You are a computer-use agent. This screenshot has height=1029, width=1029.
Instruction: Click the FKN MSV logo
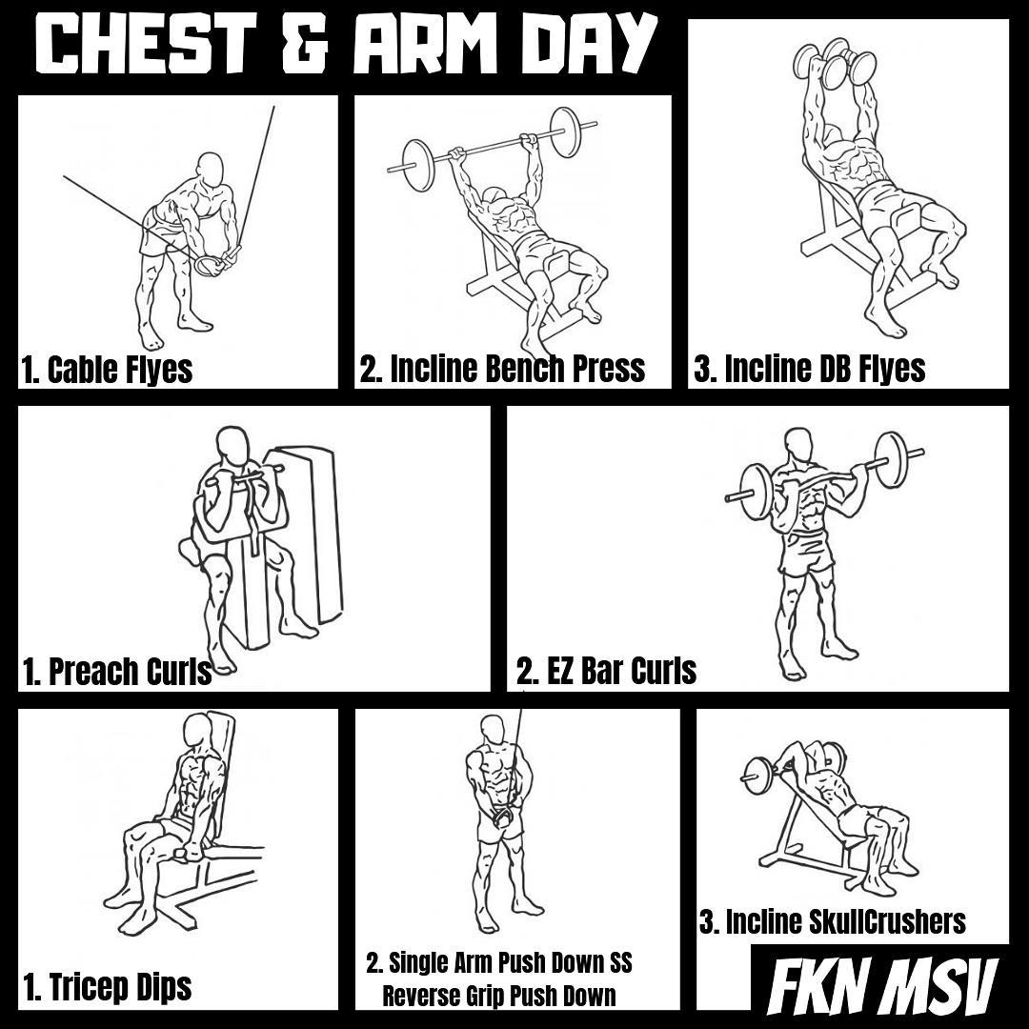882,987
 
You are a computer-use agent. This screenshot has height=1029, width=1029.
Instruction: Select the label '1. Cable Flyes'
107,369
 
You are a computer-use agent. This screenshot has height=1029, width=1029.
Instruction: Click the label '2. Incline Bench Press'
502,369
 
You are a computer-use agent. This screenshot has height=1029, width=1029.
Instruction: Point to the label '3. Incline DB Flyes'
810,369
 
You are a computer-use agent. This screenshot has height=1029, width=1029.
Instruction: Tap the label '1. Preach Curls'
117,672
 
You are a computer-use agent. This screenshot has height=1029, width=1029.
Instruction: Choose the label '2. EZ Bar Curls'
606,672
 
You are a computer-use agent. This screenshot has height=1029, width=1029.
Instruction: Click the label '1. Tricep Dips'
107,987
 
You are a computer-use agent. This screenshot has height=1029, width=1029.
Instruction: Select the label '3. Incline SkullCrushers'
832,922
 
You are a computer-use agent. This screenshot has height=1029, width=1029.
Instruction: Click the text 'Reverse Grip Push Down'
498,996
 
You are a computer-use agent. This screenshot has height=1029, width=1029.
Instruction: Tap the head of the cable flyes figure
211,170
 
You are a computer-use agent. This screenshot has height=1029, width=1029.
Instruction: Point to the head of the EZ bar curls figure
798,446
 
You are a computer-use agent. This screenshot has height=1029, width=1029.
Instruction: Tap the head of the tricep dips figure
197,732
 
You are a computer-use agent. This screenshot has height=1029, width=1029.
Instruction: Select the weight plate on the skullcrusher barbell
757,777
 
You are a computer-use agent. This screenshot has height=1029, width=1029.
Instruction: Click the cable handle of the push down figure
501,817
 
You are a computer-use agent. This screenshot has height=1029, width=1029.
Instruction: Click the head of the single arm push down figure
493,731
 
